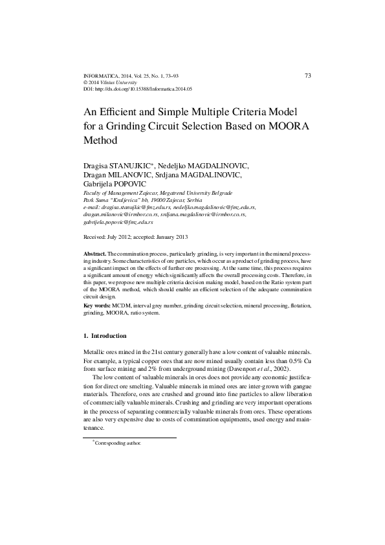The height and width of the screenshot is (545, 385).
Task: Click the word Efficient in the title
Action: [x=123, y=111]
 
